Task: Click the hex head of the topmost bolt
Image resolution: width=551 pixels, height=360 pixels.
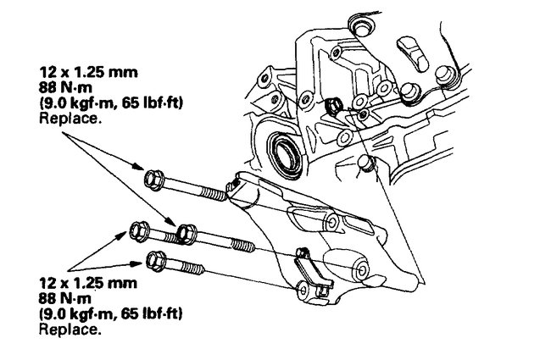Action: [x=153, y=179]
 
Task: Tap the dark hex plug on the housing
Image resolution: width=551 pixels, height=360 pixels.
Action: [x=335, y=105]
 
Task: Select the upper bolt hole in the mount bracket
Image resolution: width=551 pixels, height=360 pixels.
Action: [x=331, y=222]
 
